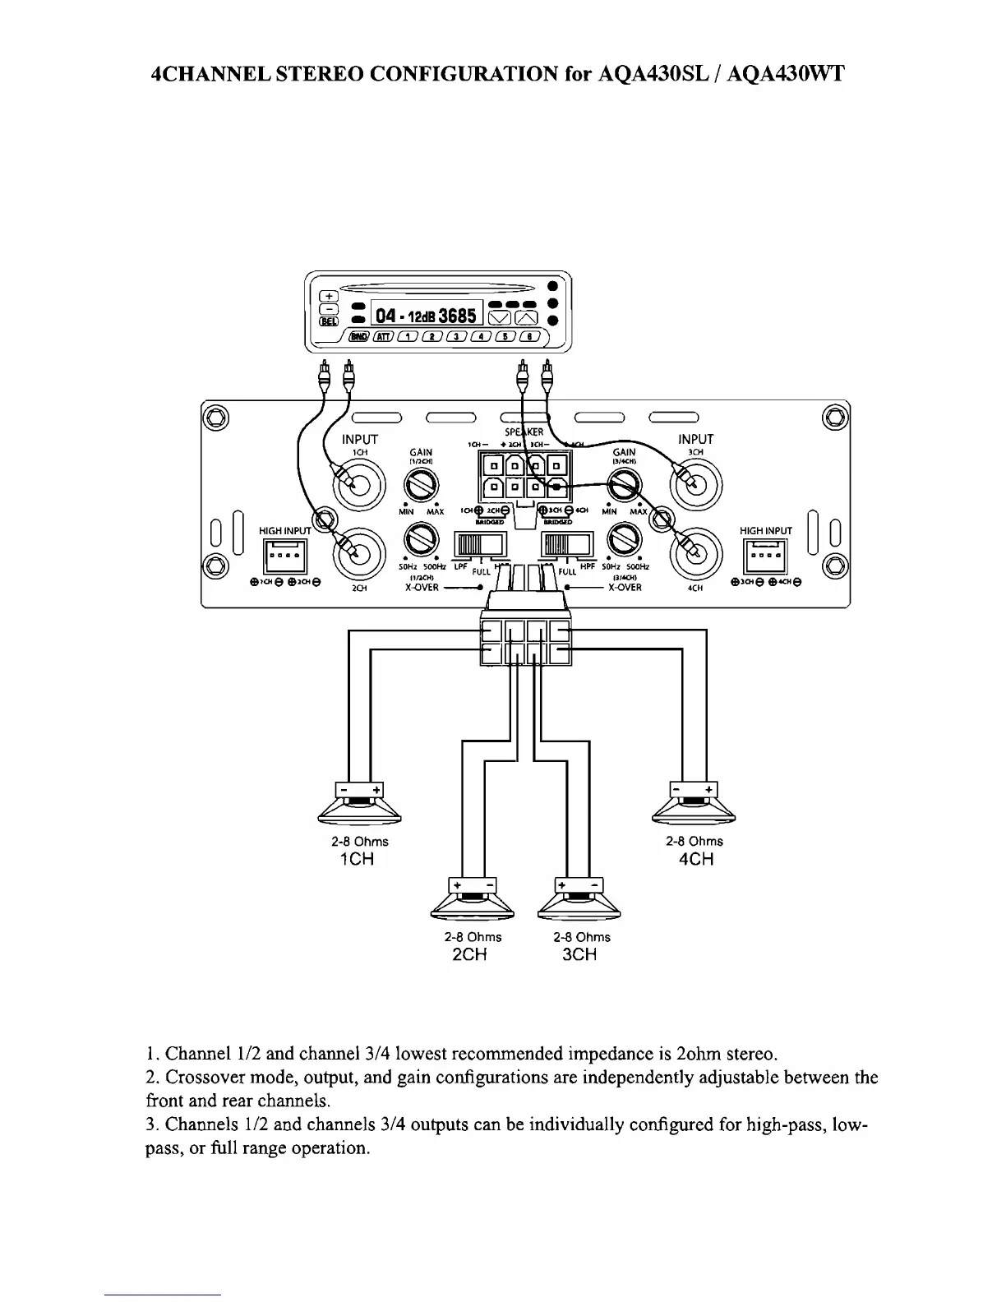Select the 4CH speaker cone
[x=694, y=811]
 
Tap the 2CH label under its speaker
[x=470, y=954]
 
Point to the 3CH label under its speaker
[x=579, y=954]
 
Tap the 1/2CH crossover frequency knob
[x=422, y=540]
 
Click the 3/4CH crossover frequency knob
[x=624, y=540]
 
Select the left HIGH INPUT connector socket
[x=284, y=556]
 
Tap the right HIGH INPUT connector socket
[x=765, y=556]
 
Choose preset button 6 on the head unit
[x=532, y=336]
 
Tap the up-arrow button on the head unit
[x=526, y=317]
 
